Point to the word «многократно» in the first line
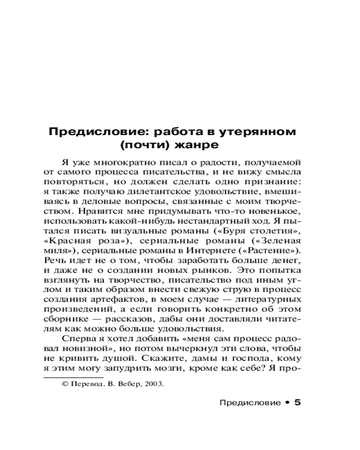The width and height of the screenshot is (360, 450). (118, 162)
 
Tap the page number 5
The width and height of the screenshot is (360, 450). (297, 403)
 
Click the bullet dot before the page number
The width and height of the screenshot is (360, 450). (286, 403)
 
